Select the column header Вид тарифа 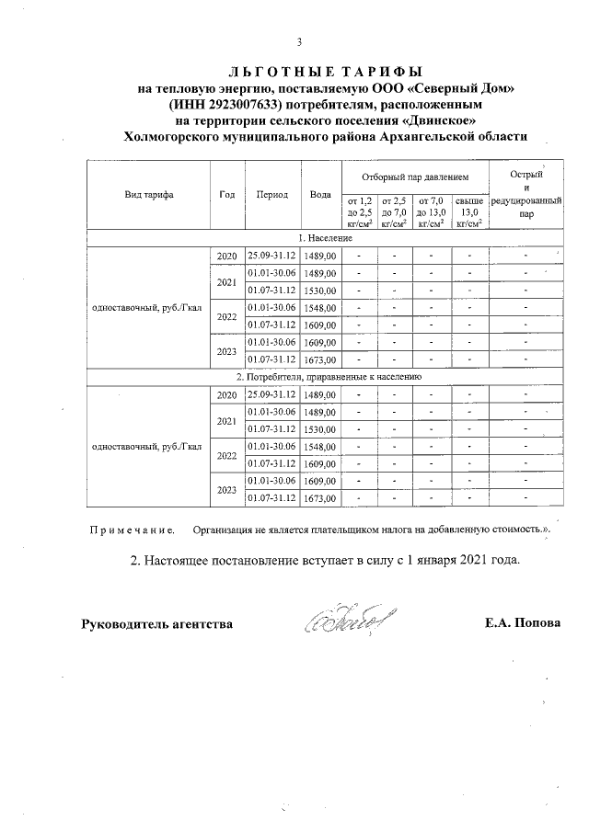click(x=149, y=195)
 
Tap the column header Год click(x=226, y=195)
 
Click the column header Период click(x=272, y=195)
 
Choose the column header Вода click(x=320, y=195)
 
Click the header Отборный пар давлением click(x=414, y=176)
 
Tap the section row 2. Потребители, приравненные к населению click(x=328, y=376)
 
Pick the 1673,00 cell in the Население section click(x=320, y=359)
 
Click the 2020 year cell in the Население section click(x=226, y=256)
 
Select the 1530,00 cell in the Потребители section click(x=320, y=429)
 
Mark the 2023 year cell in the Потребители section click(x=226, y=490)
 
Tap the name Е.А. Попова click(x=522, y=624)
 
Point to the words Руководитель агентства click(x=156, y=624)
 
